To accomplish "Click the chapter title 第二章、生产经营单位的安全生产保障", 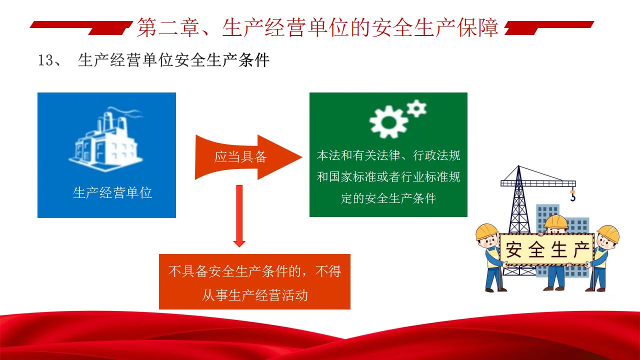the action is click(317, 27).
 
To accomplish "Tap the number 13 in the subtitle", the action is click(45, 60).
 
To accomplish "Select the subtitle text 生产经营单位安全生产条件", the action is click(173, 60).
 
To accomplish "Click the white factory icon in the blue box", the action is click(105, 139).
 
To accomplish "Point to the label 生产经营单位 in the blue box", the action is click(112, 192).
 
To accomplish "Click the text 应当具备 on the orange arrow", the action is click(240, 157).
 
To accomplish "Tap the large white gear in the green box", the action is click(388, 122).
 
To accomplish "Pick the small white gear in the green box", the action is click(416, 108).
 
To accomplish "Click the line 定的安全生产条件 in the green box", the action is click(388, 198).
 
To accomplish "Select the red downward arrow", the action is click(239, 216).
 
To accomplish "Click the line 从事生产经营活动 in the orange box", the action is click(255, 295).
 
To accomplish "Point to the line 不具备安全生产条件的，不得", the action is click(254, 271).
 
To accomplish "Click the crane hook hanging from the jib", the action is click(572, 195).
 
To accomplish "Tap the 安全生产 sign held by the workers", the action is click(546, 249).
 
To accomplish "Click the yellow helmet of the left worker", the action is click(486, 231).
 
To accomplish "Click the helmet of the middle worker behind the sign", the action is click(555, 221).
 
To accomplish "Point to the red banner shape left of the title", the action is click(81, 27).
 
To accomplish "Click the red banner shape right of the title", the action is click(549, 27).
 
